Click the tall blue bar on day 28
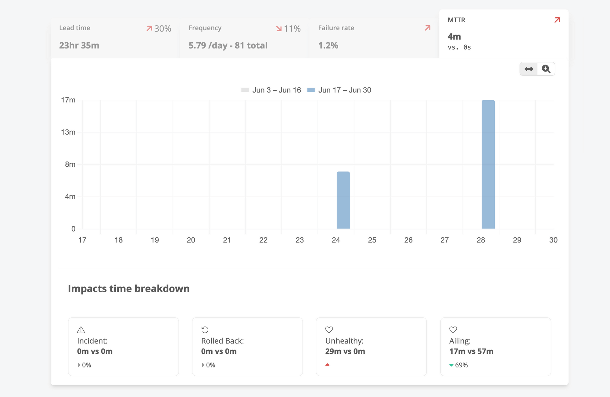click(x=488, y=165)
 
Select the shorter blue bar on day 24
click(x=343, y=200)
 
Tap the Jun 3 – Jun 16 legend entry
click(x=271, y=90)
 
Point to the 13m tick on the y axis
click(x=68, y=132)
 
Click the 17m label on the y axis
click(x=68, y=100)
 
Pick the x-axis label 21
click(x=227, y=240)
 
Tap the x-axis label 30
click(x=553, y=240)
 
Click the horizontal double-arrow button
click(x=529, y=69)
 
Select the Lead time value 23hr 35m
click(x=79, y=45)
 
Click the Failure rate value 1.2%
click(x=328, y=45)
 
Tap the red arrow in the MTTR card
click(x=557, y=20)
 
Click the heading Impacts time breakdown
click(x=128, y=289)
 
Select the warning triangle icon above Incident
click(x=81, y=330)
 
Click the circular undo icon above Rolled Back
click(x=205, y=330)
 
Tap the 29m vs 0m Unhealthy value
click(x=345, y=351)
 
